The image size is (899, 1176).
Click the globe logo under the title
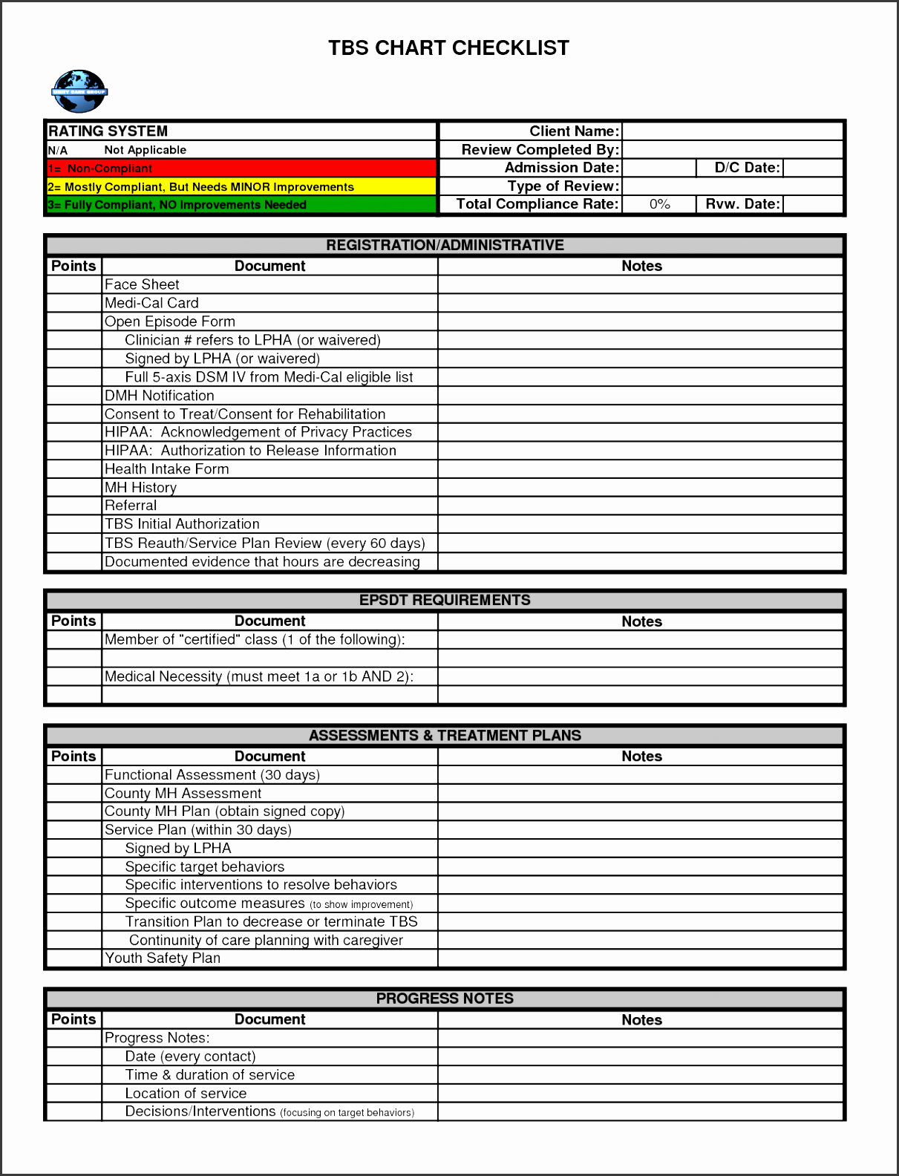tap(79, 91)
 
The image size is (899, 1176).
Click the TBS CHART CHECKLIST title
tap(448, 48)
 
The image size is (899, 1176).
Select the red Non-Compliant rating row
tap(241, 169)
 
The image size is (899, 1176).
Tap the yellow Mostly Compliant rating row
tap(241, 187)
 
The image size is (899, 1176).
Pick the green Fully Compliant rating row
tap(241, 205)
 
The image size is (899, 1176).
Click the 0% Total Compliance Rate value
tap(659, 204)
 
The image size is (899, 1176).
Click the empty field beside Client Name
tap(732, 131)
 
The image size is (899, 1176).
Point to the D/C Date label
tap(747, 168)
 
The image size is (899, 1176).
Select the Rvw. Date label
tap(742, 204)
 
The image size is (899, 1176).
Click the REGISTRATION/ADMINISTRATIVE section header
tap(445, 245)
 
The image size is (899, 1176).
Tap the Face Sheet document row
tap(142, 284)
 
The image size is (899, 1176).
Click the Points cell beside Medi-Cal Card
tap(73, 303)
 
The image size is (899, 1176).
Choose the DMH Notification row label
tap(159, 396)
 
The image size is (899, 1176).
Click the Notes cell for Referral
tap(641, 506)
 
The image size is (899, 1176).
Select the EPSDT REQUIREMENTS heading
tap(445, 600)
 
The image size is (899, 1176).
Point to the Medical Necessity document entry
tap(258, 676)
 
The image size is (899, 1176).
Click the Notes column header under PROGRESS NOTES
tap(641, 1020)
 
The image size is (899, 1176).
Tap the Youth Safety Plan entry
tap(163, 958)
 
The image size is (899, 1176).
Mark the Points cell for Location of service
tap(73, 1094)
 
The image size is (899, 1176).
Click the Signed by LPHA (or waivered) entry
tap(222, 359)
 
